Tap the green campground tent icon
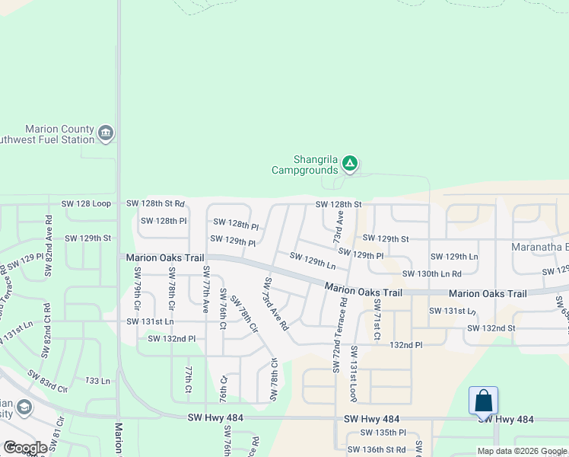(349, 162)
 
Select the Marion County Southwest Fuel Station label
(59, 135)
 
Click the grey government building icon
(106, 135)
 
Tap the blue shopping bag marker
(483, 401)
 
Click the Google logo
(25, 448)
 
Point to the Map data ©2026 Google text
(522, 451)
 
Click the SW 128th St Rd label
(155, 203)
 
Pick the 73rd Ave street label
(338, 227)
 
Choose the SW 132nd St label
(491, 328)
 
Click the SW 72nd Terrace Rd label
(339, 334)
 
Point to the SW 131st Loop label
(354, 373)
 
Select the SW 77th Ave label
(205, 290)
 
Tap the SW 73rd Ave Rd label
(275, 303)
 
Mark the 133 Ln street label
(97, 380)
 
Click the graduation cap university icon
(24, 407)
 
